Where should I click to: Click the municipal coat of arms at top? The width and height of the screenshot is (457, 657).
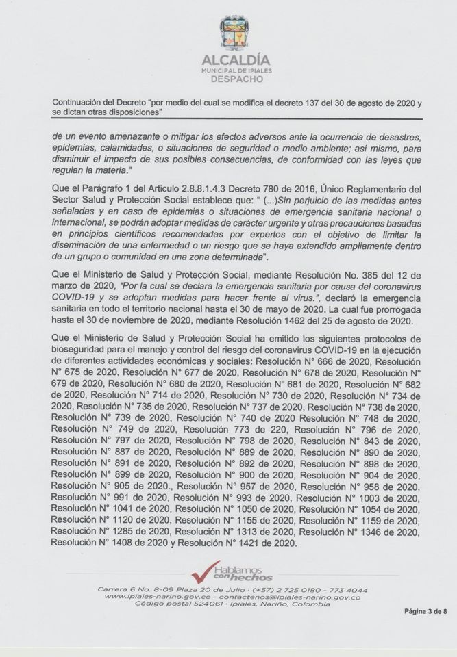234,34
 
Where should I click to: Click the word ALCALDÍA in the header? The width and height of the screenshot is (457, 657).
234,61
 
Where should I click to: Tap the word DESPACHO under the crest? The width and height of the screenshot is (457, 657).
234,79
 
